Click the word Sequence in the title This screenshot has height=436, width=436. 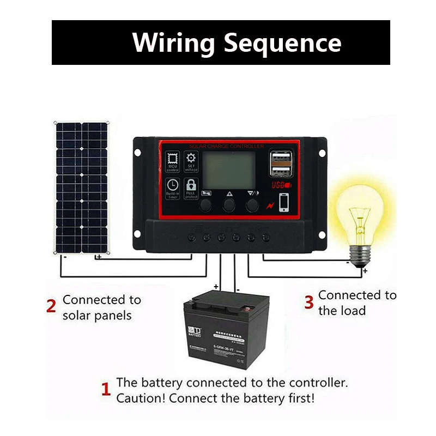(283, 43)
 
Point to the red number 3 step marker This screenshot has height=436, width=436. (308, 302)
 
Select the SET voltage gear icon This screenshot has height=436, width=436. (191, 161)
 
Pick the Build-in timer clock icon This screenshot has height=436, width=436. (172, 187)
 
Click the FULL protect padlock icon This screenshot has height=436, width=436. (191, 187)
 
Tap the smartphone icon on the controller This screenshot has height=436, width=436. (284, 202)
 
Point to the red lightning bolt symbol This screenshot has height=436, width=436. (271, 206)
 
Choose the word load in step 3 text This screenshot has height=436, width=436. (354, 311)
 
